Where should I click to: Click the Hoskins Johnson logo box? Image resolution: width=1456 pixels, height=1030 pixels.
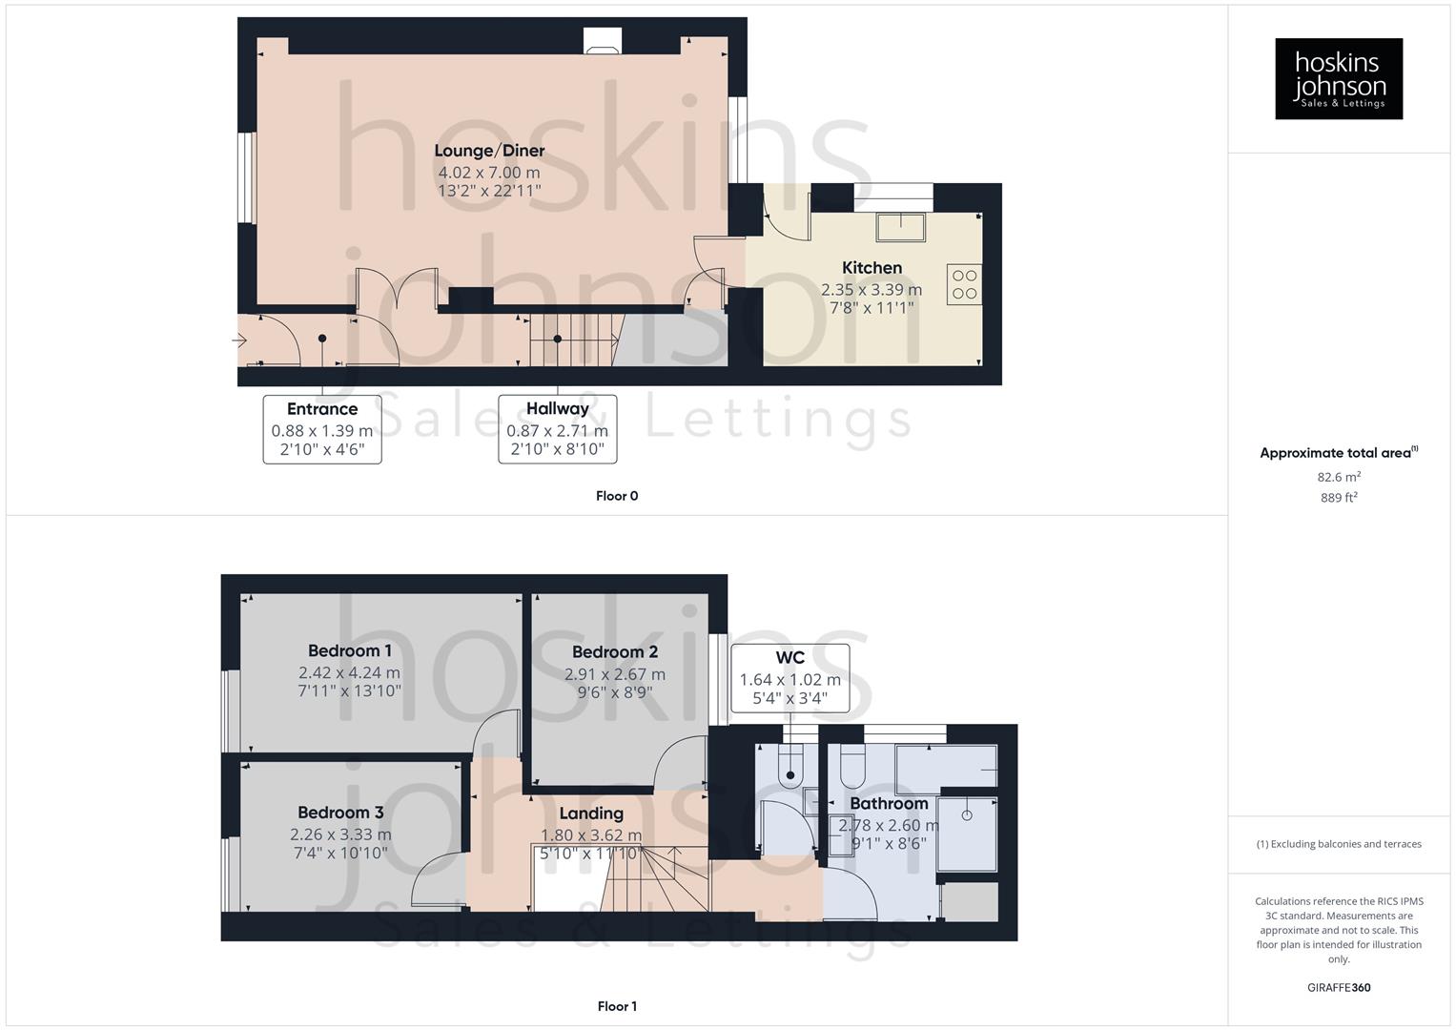(1338, 78)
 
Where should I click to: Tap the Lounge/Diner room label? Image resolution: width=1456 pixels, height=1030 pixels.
(489, 151)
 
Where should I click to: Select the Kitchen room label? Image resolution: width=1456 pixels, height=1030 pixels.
(872, 268)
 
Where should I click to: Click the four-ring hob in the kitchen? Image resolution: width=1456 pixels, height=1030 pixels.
(964, 284)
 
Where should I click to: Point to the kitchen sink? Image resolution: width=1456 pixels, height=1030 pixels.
(901, 226)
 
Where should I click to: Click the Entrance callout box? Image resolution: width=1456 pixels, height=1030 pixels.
(322, 429)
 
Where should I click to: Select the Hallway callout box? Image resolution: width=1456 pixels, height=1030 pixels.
(558, 429)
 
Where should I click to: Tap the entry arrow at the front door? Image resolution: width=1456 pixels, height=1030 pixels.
(239, 340)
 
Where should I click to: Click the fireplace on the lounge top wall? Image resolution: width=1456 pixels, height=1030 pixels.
(602, 41)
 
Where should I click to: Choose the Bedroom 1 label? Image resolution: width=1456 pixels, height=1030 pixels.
(350, 651)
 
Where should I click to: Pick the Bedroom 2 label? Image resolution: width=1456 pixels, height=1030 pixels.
(615, 652)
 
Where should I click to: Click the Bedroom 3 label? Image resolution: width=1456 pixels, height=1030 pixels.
(340, 813)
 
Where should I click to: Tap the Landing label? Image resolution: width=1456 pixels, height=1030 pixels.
(591, 814)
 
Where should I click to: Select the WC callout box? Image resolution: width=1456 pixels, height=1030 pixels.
(790, 678)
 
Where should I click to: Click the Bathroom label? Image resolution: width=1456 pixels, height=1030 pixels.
(889, 804)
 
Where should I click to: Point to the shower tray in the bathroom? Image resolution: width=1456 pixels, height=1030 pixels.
(967, 834)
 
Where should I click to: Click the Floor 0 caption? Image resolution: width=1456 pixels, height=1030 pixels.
(617, 496)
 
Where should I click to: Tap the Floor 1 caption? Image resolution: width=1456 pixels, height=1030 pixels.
(617, 1006)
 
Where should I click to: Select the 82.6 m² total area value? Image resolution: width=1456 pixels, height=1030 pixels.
(1339, 477)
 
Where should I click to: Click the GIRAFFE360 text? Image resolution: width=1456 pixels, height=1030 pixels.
(1339, 988)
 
